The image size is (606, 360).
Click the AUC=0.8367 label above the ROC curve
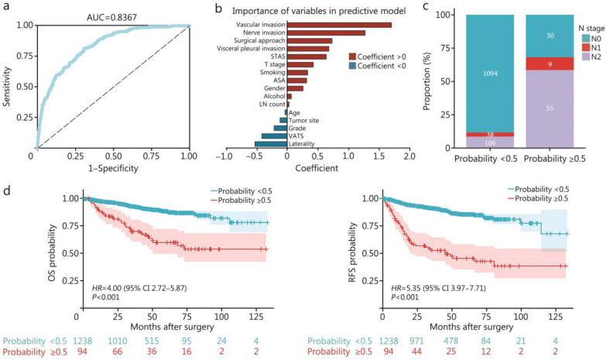coord(111,17)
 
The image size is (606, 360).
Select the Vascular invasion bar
coord(339,25)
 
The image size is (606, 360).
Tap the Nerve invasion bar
coord(326,33)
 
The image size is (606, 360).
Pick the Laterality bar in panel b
coord(271,144)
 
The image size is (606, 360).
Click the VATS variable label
coord(296,136)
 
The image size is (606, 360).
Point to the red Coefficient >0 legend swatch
coord(352,57)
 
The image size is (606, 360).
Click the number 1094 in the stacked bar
coord(490,74)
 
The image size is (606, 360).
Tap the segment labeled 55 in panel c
coord(550,108)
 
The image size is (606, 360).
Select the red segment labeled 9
coord(550,63)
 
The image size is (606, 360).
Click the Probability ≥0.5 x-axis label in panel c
coord(555,159)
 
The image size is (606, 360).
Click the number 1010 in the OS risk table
coord(117,341)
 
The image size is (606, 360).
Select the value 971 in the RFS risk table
coord(416,341)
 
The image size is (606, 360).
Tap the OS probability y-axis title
coord(53,252)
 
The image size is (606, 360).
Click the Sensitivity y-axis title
coord(6,87)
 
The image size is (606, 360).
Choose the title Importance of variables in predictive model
coord(319,11)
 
